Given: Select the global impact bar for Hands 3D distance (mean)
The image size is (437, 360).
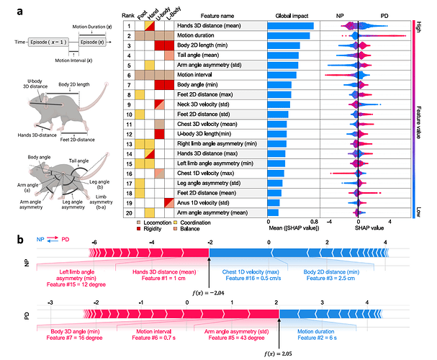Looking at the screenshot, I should point(290,26).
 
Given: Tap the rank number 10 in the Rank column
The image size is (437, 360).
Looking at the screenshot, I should point(127,114).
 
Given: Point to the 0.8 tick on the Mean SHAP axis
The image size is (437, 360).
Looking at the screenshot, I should point(314,222).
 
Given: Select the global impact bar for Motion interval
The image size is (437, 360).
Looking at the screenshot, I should point(282,74).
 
